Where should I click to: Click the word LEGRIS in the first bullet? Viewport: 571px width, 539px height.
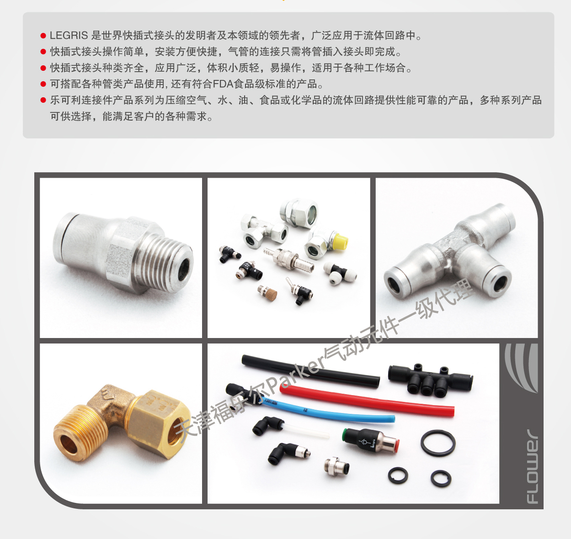pos(69,35)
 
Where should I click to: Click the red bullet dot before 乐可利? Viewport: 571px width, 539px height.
pos(43,100)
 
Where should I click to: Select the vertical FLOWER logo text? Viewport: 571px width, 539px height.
pos(532,467)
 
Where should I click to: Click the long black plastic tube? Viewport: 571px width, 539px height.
pos(310,372)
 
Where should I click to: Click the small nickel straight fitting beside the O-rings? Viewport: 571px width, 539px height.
pos(336,466)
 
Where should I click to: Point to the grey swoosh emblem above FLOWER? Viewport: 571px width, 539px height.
pos(522,368)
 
